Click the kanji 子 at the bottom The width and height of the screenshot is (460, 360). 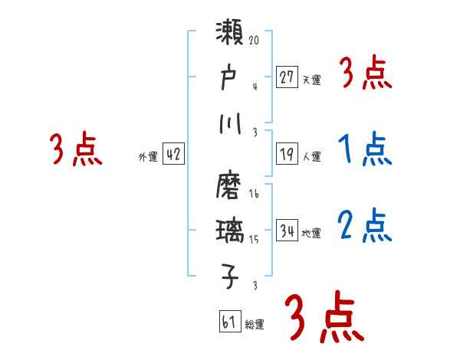[231, 275]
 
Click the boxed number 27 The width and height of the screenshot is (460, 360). [286, 77]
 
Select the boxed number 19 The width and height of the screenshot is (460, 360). [286, 154]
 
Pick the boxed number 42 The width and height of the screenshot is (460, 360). [173, 154]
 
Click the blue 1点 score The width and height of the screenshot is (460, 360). [364, 151]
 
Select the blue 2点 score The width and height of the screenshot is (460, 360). [364, 226]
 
